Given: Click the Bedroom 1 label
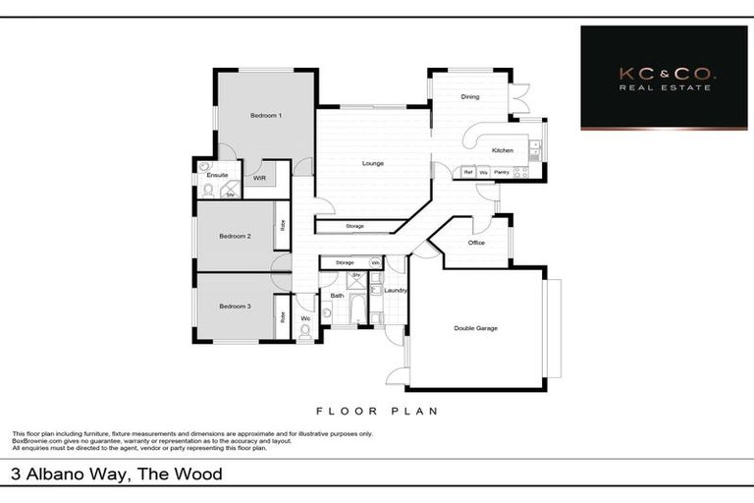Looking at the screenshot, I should (x=266, y=116).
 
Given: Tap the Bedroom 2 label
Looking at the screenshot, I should (x=235, y=236).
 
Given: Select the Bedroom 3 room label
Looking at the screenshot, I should (x=235, y=307).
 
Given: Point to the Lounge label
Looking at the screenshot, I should (x=372, y=163).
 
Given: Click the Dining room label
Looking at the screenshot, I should (x=470, y=96).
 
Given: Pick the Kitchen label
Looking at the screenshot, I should (x=502, y=150).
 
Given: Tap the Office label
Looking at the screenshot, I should (x=476, y=243).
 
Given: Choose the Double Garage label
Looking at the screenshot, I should (x=475, y=328).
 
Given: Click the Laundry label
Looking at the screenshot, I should (x=396, y=290).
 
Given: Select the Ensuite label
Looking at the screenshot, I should (x=217, y=175).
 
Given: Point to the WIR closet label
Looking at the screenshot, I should (x=259, y=178).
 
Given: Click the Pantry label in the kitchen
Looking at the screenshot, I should (x=502, y=172).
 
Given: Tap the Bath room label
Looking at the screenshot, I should (x=337, y=295).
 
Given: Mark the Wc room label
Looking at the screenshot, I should (x=305, y=318).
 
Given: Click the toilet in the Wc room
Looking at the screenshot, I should (x=304, y=332).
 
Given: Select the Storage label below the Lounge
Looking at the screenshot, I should (x=354, y=227).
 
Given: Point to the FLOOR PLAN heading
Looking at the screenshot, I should (x=376, y=411).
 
